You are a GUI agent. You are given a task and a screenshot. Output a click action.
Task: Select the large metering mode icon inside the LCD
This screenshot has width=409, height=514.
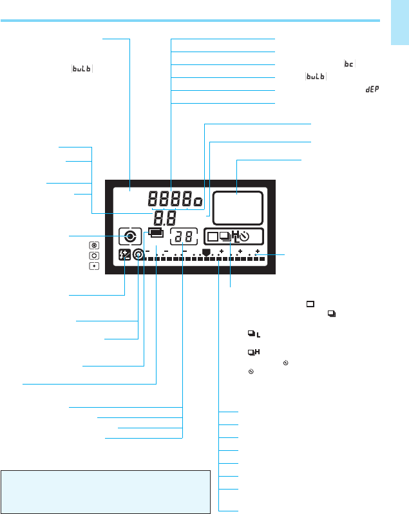130,236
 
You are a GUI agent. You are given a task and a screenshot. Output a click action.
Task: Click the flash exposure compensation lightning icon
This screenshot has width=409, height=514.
125,254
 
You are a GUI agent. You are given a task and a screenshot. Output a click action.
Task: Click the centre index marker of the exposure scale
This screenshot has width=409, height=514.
206,252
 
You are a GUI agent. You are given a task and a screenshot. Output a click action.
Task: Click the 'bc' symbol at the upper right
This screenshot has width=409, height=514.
350,64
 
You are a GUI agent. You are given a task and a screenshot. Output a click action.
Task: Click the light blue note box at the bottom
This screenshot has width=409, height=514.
106,491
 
